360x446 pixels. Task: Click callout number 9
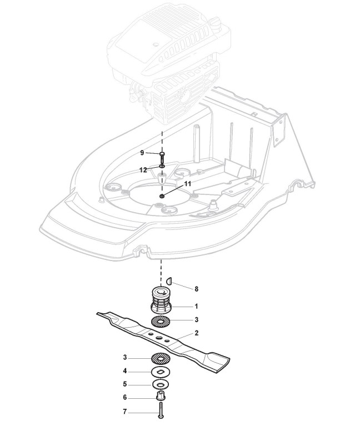pyautogui.click(x=142, y=152)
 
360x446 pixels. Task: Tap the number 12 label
pyautogui.click(x=143, y=169)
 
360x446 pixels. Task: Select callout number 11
pyautogui.click(x=187, y=183)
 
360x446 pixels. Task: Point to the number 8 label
pyautogui.click(x=196, y=289)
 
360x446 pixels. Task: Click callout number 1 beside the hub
pyautogui.click(x=196, y=306)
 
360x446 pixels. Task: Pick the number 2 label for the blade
pyautogui.click(x=196, y=334)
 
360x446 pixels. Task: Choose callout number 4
pyautogui.click(x=125, y=371)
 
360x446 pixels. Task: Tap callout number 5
pyautogui.click(x=125, y=384)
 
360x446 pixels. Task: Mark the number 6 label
pyautogui.click(x=125, y=397)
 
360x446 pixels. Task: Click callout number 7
pyautogui.click(x=125, y=412)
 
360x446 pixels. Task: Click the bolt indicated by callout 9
pyautogui.click(x=162, y=157)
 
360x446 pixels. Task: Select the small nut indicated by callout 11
pyautogui.click(x=161, y=196)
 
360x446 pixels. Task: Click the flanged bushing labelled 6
pyautogui.click(x=162, y=397)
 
